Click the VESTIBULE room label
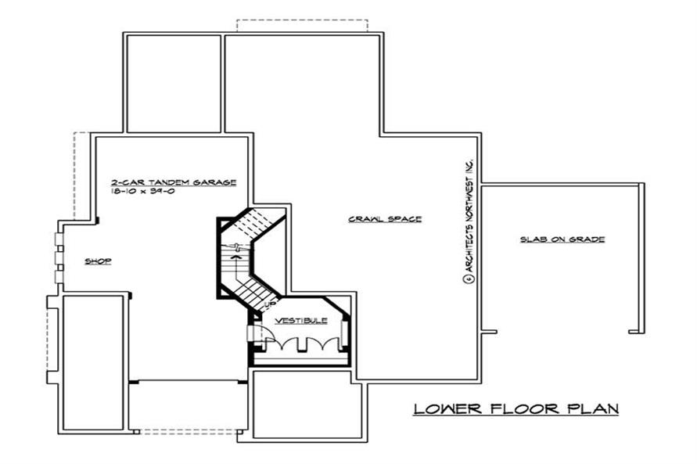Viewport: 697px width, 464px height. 301,321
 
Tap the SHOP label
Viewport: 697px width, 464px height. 98,261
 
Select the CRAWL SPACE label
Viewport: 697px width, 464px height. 385,218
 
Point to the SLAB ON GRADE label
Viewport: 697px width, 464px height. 562,239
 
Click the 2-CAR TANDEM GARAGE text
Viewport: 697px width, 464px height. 174,182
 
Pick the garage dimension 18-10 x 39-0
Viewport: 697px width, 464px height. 142,191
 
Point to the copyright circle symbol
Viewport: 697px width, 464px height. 469,279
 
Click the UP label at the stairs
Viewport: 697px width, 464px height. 269,304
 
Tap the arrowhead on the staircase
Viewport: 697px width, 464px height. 237,256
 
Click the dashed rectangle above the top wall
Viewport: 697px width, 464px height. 302,26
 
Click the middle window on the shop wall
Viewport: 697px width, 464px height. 59,257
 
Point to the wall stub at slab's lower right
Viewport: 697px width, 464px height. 637,331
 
